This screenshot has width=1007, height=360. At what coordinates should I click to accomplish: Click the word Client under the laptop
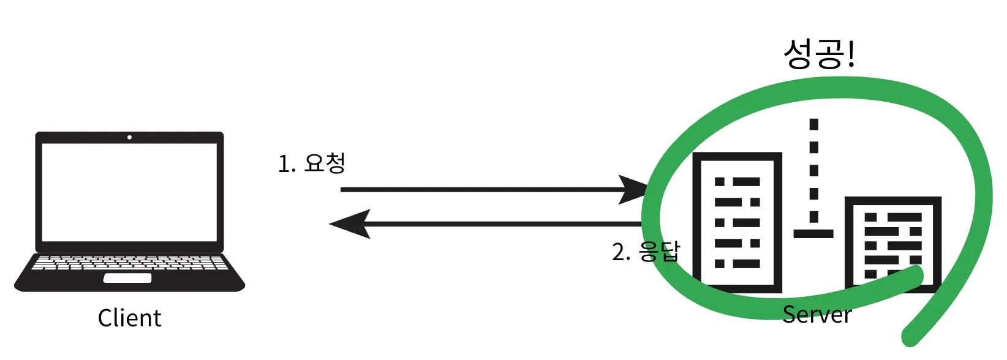pyautogui.click(x=129, y=318)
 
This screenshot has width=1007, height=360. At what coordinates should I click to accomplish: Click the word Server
pyautogui.click(x=817, y=315)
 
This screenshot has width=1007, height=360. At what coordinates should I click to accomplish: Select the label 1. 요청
pyautogui.click(x=312, y=163)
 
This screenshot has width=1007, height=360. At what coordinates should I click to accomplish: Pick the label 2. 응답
pyautogui.click(x=646, y=252)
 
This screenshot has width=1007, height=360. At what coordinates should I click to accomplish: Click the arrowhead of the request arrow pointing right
pyautogui.click(x=635, y=189)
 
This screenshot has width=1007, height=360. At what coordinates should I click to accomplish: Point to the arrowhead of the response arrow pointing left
pyautogui.click(x=349, y=224)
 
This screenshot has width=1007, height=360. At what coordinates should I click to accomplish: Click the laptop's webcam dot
pyautogui.click(x=129, y=137)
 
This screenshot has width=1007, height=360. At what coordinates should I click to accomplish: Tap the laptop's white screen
pyautogui.click(x=129, y=192)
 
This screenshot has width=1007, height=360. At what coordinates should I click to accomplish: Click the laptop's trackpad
pyautogui.click(x=127, y=278)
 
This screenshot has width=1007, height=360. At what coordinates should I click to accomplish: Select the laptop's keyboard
pyautogui.click(x=129, y=263)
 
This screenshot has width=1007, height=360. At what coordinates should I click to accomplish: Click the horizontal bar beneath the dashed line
pyautogui.click(x=813, y=233)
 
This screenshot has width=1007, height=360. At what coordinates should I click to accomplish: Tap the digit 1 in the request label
pyautogui.click(x=283, y=165)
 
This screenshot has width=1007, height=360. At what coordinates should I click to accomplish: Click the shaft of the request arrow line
pyautogui.click(x=478, y=190)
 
